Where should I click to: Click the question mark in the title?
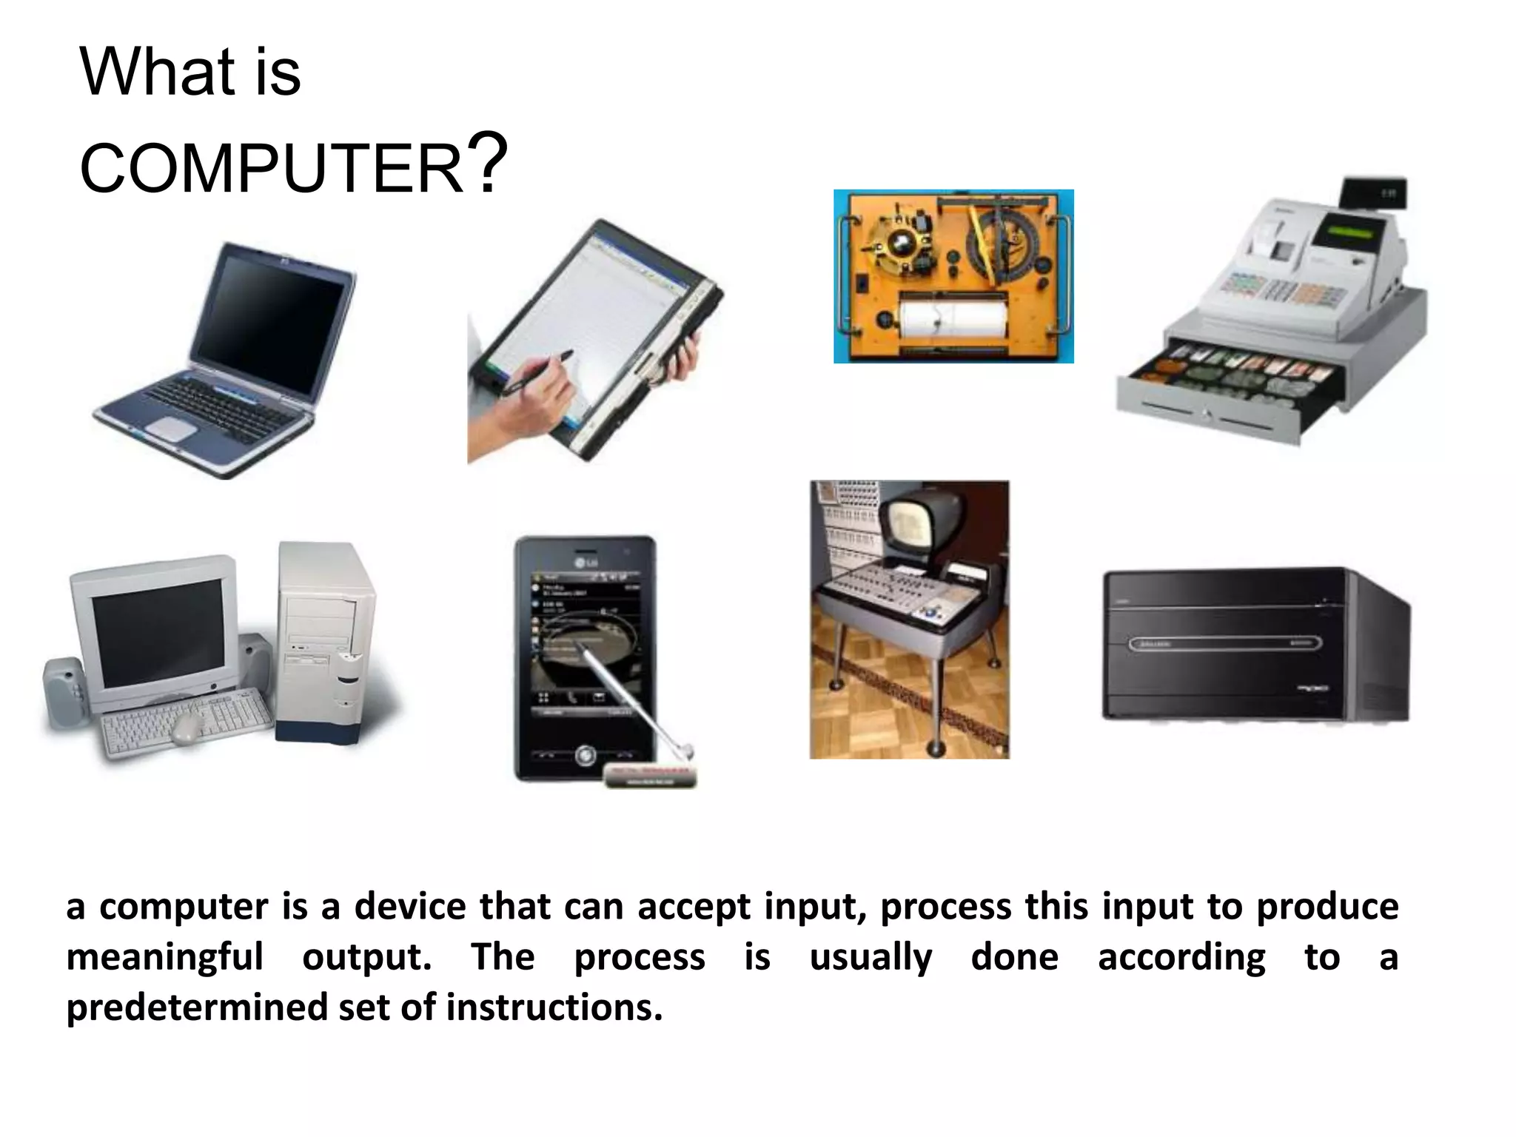click(x=488, y=161)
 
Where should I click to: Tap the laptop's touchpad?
click(x=172, y=429)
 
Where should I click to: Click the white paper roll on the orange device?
click(x=953, y=318)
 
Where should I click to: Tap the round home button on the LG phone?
click(x=586, y=756)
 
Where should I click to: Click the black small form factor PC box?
click(x=1255, y=644)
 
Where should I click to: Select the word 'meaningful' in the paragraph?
click(x=164, y=956)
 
